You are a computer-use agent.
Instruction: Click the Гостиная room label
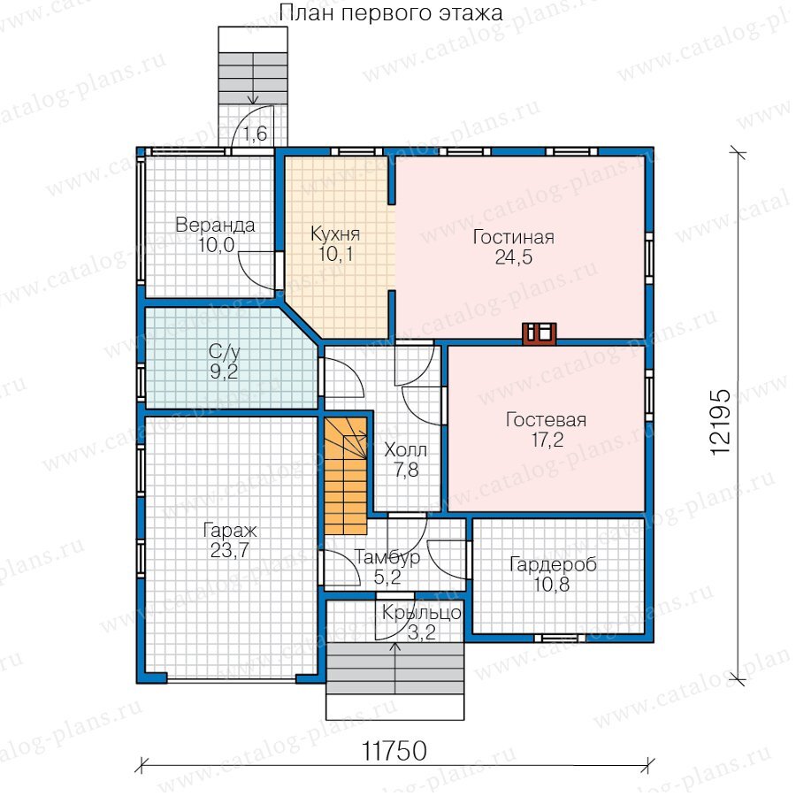pyautogui.click(x=513, y=237)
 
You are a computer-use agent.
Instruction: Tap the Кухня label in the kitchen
pyautogui.click(x=335, y=234)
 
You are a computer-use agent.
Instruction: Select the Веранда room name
pyautogui.click(x=215, y=225)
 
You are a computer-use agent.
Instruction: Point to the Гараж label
pyautogui.click(x=229, y=531)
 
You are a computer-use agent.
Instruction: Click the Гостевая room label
pyautogui.click(x=547, y=420)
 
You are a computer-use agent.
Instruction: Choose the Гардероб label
pyautogui.click(x=553, y=565)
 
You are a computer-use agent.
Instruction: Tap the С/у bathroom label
pyautogui.click(x=224, y=352)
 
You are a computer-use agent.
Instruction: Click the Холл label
pyautogui.click(x=406, y=450)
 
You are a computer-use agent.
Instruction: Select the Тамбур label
pyautogui.click(x=387, y=557)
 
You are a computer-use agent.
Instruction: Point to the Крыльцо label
pyautogui.click(x=421, y=613)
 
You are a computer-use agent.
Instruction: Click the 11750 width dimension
pyautogui.click(x=394, y=751)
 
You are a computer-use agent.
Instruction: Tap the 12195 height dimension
pyautogui.click(x=720, y=422)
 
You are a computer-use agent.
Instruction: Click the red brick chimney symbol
pyautogui.click(x=540, y=333)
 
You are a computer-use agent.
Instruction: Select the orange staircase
pyautogui.click(x=346, y=476)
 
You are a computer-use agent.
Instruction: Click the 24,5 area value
pyautogui.click(x=514, y=257)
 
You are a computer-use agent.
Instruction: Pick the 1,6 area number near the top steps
pyautogui.click(x=255, y=134)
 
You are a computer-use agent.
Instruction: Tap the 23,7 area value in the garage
pyautogui.click(x=229, y=550)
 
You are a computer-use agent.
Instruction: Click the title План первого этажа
pyautogui.click(x=391, y=13)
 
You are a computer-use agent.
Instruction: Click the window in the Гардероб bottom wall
pyautogui.click(x=560, y=638)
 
